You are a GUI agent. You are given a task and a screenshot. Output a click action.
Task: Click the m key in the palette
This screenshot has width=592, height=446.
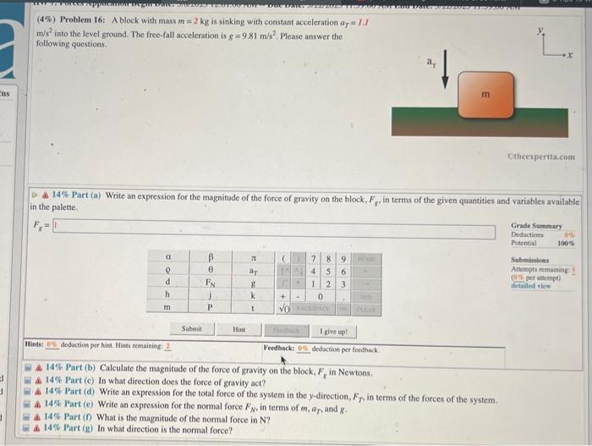coord(169,310)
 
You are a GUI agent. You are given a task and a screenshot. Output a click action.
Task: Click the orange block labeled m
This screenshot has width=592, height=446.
coord(484,94)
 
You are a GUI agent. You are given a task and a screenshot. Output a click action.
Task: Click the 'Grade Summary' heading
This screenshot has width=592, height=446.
coord(535,226)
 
